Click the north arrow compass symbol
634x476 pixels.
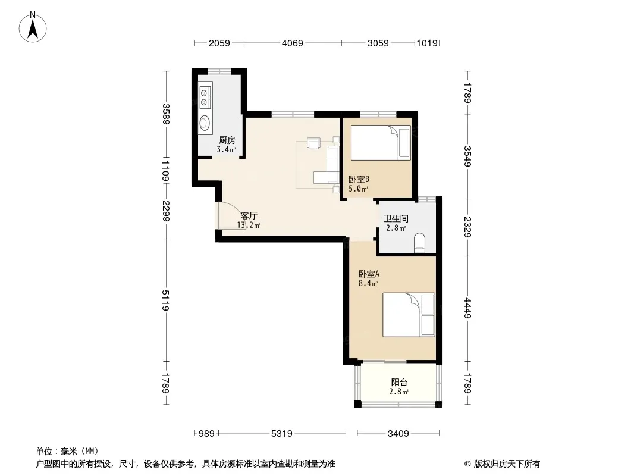(33, 27)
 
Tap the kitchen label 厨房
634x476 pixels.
(227, 140)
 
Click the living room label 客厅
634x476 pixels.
(249, 216)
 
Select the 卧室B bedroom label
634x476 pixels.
(359, 179)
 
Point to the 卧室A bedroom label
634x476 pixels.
(369, 274)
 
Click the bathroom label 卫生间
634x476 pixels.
(396, 219)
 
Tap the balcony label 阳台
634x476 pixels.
(399, 382)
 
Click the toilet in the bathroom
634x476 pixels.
(420, 243)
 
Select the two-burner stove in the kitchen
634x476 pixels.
(205, 98)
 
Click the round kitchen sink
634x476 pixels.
(205, 122)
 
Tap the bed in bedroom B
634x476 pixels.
(381, 143)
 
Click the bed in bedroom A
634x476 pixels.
(409, 315)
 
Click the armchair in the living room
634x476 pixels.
(314, 143)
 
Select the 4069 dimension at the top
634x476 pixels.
(293, 43)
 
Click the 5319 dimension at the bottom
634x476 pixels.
(281, 434)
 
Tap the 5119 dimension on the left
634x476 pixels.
(165, 300)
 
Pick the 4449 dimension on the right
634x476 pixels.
(467, 308)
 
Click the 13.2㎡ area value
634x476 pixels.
(249, 226)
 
